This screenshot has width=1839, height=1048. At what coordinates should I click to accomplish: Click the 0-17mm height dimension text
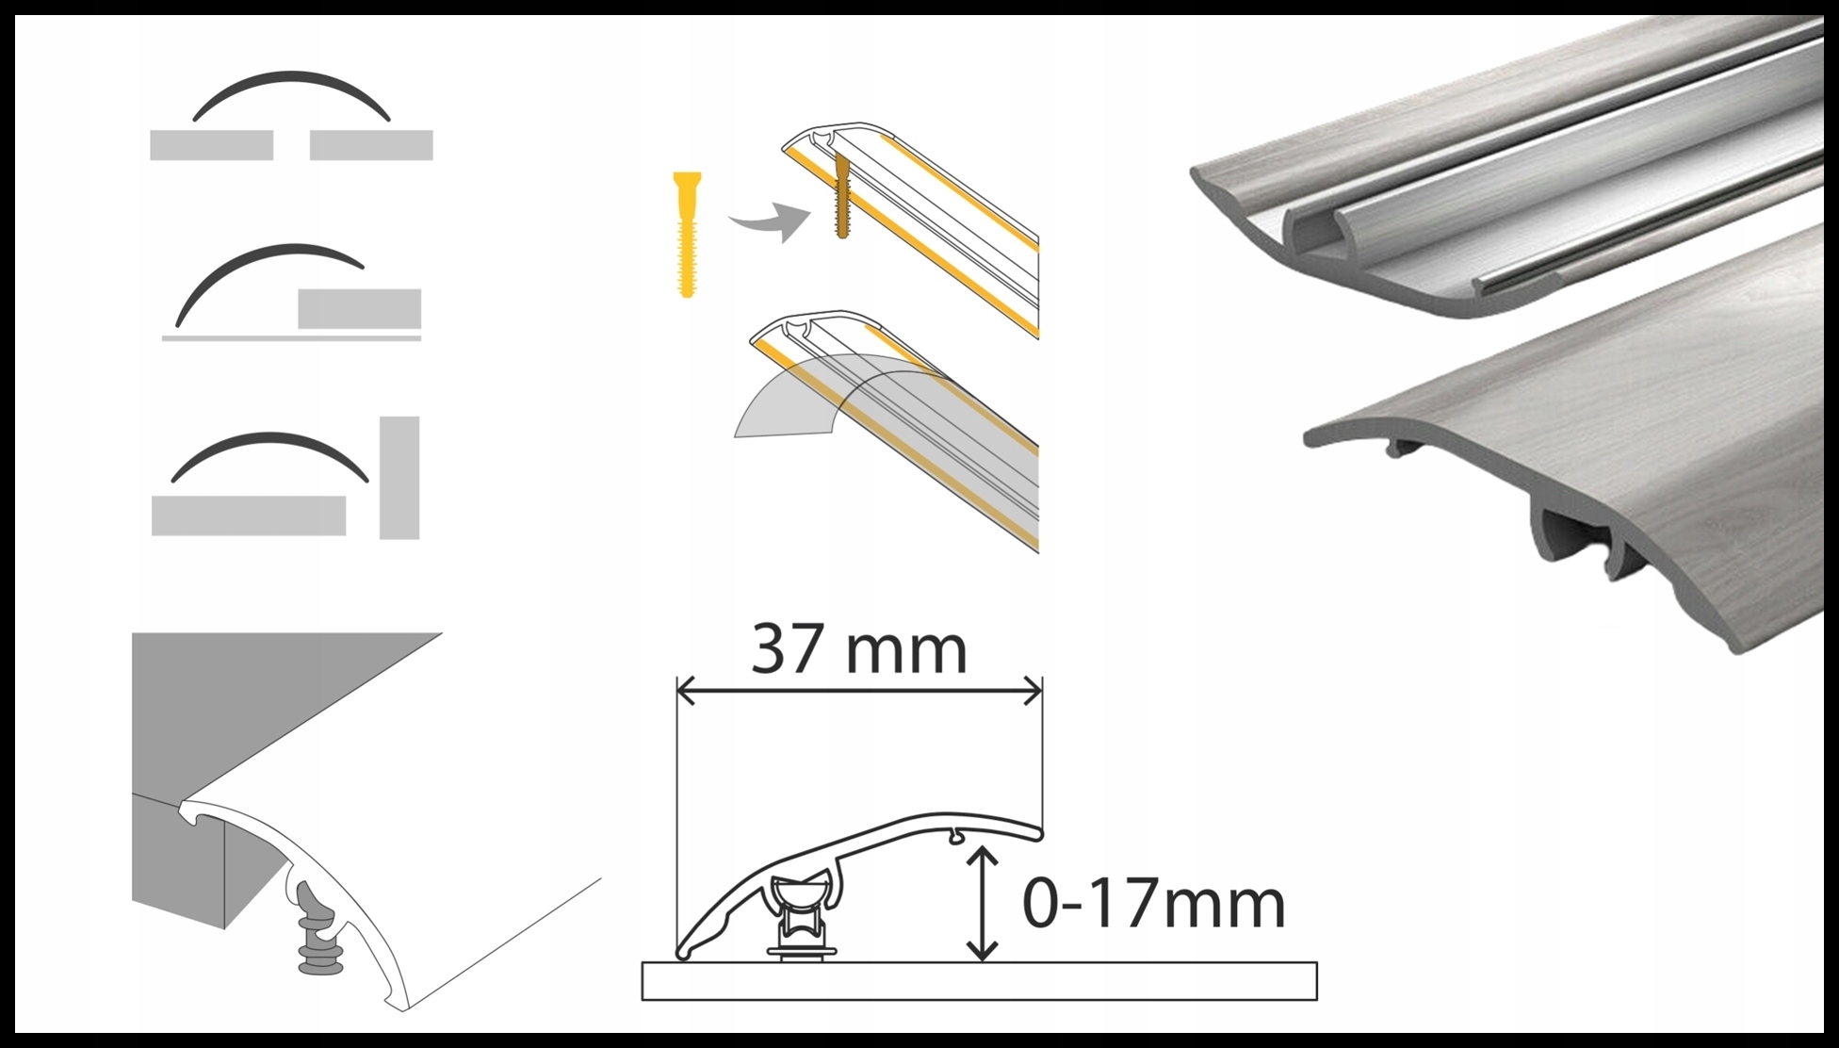click(x=1153, y=905)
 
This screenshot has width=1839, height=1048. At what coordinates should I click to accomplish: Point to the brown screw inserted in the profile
click(x=842, y=198)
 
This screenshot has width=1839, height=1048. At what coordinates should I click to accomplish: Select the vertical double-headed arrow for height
click(x=983, y=903)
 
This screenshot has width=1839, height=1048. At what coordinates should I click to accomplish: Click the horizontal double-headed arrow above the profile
click(x=858, y=694)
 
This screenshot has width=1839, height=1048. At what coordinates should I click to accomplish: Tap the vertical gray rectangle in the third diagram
click(x=399, y=477)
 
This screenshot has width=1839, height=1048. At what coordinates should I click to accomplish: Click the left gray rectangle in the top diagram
click(x=211, y=145)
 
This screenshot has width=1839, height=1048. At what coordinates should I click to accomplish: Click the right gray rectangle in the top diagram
click(x=370, y=145)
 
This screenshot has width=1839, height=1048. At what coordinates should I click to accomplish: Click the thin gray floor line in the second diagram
click(x=291, y=337)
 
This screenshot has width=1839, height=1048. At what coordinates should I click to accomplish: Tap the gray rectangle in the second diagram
click(x=359, y=309)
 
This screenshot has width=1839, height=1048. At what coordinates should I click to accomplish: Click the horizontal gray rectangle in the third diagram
click(x=248, y=516)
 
